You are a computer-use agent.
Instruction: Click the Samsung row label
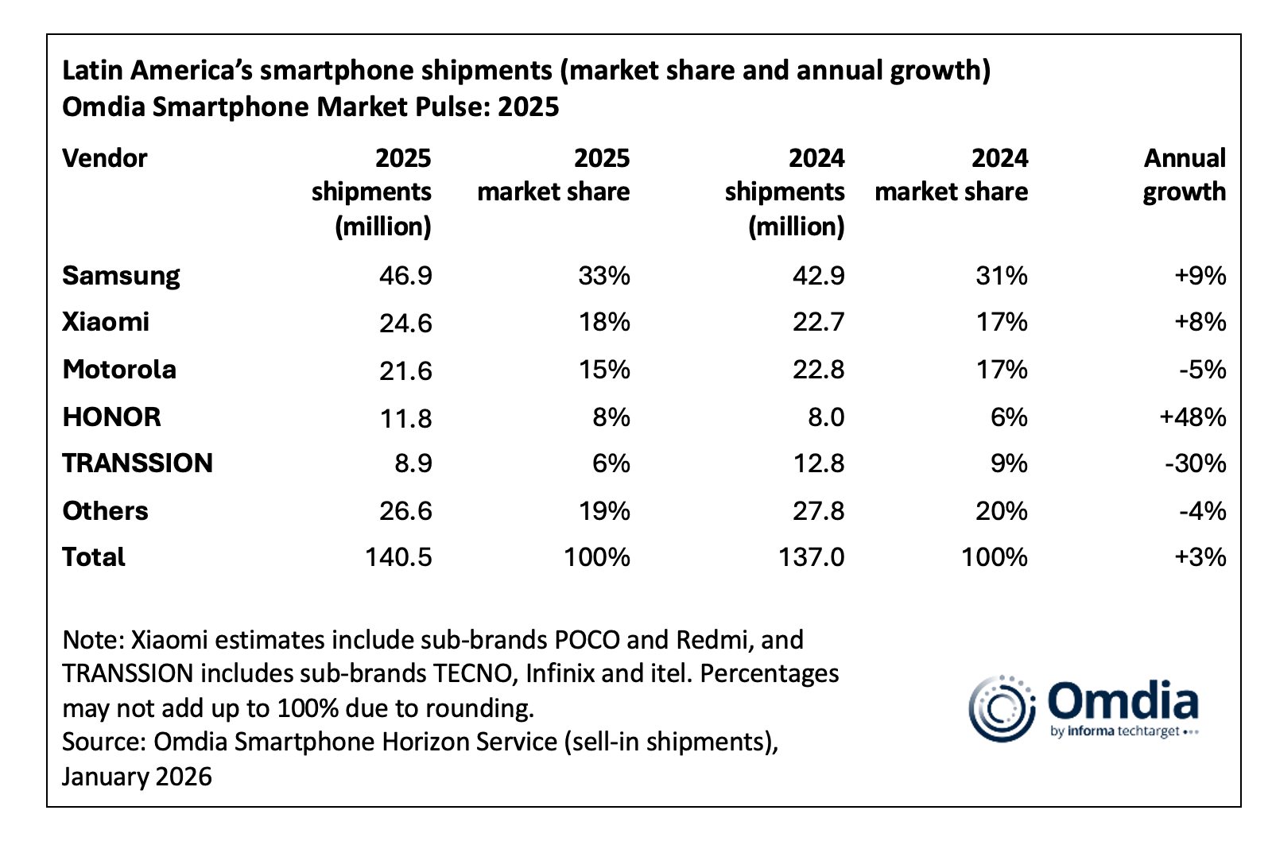coord(121,276)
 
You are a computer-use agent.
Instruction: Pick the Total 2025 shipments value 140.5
coord(398,557)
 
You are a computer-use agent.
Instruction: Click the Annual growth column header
coord(1184,175)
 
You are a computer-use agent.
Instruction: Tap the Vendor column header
coord(104,158)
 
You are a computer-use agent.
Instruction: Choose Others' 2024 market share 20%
coord(1001,510)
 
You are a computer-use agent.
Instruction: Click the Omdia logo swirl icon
coord(1001,707)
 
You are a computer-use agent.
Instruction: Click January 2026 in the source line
coord(137,776)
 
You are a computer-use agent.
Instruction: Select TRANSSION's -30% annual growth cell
coord(1195,463)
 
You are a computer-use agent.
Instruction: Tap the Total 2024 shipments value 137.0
coord(811,557)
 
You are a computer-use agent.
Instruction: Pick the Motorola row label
coord(119,370)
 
